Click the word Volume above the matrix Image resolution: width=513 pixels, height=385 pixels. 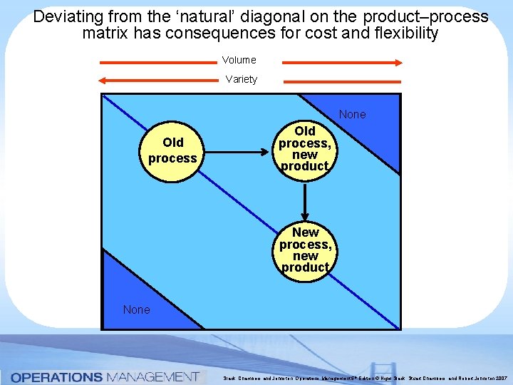pos(239,61)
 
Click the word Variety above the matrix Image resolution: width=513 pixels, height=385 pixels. pos(241,79)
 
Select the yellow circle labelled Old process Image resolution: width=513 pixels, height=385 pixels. pos(172,150)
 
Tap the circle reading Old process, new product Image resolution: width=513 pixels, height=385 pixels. pos(304,148)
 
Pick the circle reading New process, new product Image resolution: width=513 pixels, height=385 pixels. pos(305,250)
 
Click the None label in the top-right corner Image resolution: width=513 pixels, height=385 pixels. pos(352,114)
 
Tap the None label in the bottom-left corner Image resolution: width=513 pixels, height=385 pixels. pos(136,309)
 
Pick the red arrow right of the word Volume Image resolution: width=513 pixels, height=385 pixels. pos(342,62)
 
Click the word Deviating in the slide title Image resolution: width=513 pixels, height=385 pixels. pos(64,16)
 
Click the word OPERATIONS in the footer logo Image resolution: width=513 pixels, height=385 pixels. pos(57,376)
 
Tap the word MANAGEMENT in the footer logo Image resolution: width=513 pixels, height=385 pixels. pos(152,376)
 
